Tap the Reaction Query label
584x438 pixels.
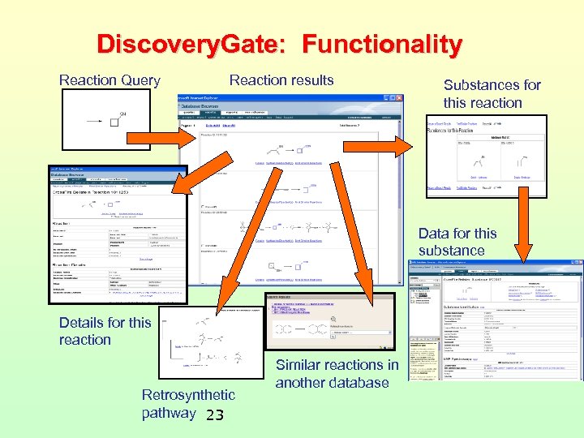(x=109, y=81)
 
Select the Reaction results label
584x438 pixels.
(x=281, y=80)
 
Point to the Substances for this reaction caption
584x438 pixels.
(x=492, y=94)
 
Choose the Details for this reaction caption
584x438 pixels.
(x=105, y=331)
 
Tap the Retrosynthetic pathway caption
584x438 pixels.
(x=187, y=404)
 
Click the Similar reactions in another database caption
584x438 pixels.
(x=337, y=374)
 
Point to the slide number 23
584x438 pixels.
(x=214, y=416)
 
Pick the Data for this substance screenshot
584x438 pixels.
(x=495, y=320)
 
